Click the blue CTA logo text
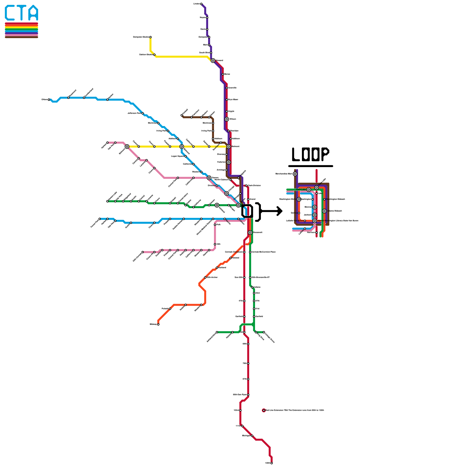tap(21, 13)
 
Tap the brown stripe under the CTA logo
tap(21, 37)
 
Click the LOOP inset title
tap(310, 154)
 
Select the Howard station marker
tap(213, 61)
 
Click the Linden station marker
tap(201, 4)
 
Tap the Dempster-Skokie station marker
tap(150, 37)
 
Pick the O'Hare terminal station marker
tap(49, 100)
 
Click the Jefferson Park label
tap(134, 113)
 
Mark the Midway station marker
tap(158, 324)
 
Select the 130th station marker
tap(272, 463)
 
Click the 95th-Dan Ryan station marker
tap(248, 395)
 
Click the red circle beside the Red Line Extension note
tap(264, 410)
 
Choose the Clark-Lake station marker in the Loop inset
tap(309, 190)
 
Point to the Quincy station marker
tap(299, 213)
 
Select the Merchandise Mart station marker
tap(295, 174)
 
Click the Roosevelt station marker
tap(250, 232)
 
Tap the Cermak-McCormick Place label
tap(264, 252)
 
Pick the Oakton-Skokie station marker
tap(154, 55)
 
